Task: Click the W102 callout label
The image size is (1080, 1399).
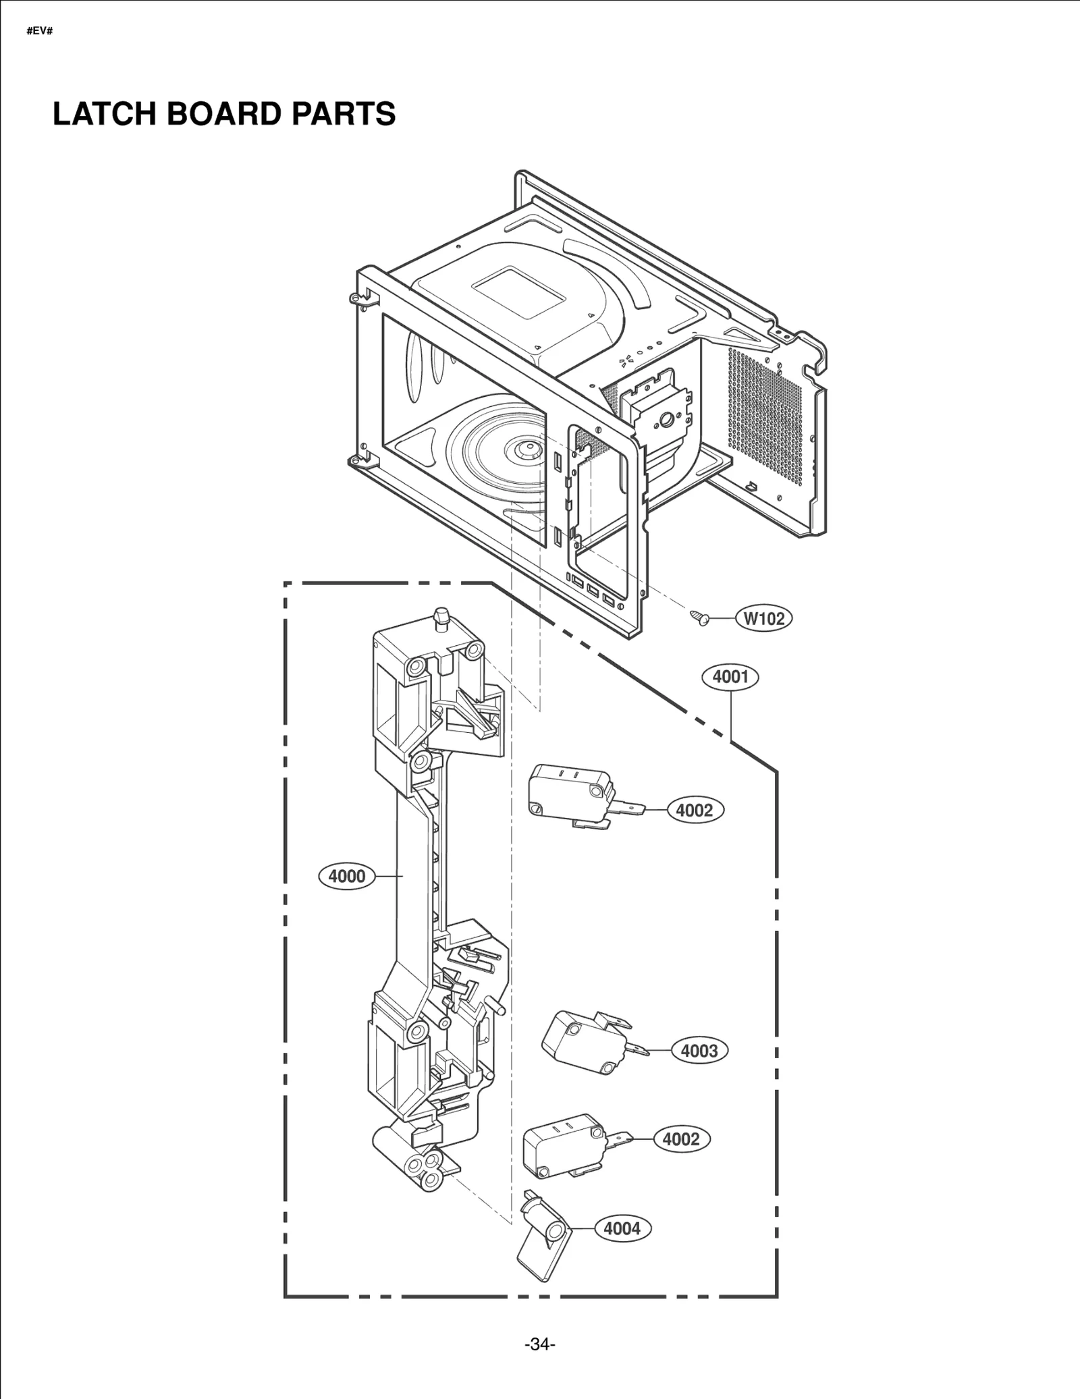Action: [x=764, y=618]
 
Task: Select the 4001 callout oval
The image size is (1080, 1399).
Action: [x=730, y=676]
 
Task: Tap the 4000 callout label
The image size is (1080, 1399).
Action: [x=346, y=876]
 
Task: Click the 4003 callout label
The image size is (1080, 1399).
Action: [x=699, y=1051]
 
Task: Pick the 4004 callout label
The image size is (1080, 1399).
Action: [x=622, y=1228]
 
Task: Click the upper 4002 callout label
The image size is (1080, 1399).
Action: [x=695, y=810]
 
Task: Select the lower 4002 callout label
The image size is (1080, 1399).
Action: [x=681, y=1139]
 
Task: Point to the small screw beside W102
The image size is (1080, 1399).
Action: [x=699, y=617]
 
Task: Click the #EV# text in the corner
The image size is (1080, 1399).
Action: [x=39, y=32]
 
